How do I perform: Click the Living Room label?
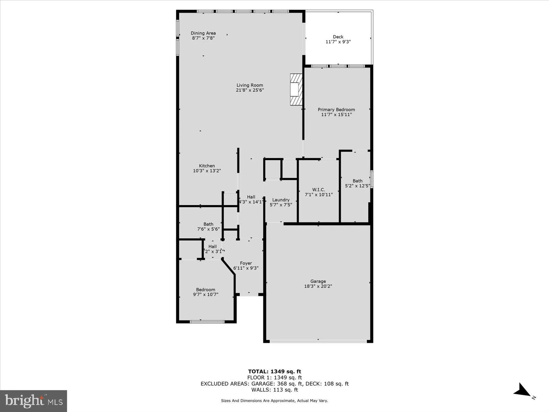(250, 85)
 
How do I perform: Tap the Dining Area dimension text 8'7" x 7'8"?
(203, 38)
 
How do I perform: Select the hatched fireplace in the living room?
(296, 89)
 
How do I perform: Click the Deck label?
(338, 37)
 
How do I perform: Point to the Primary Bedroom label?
(336, 110)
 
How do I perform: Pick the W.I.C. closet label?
(318, 190)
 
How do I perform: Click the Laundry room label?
(281, 200)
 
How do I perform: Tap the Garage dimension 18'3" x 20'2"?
(318, 286)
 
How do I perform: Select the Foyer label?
(246, 263)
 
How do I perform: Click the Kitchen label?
(207, 166)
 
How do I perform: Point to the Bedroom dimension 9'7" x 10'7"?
(206, 294)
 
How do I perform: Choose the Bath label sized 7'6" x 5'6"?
(208, 224)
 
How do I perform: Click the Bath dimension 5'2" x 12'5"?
(357, 186)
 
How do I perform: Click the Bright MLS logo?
(33, 401)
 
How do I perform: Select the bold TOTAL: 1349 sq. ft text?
(274, 372)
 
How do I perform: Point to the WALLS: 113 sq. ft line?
(274, 390)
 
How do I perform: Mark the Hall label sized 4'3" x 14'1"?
(251, 197)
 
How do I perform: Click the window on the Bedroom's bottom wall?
(207, 322)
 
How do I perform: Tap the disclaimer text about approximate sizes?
(274, 401)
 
